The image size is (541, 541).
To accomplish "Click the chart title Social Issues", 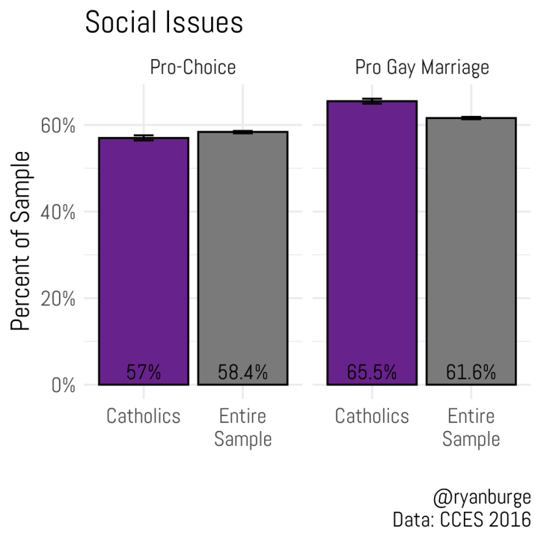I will pos(164,22).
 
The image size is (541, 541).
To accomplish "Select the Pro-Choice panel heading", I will pos(192,68).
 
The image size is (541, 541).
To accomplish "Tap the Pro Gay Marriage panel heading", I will pos(421,68).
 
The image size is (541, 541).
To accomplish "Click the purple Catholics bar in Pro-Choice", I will pos(144,254).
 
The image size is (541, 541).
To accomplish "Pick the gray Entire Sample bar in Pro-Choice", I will pos(242,254).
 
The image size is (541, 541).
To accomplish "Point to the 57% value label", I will pos(144,372).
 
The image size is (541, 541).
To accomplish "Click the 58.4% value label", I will pos(242,372).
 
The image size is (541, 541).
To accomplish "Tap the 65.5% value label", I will pos(372,372).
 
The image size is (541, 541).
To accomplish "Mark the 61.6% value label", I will pos(471,372).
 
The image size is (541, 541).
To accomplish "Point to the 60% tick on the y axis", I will pos(58,125).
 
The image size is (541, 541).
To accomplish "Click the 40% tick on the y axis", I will pos(58,212).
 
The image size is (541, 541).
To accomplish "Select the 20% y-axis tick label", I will pos(58,299).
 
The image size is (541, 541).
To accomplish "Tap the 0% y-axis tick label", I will pos(63,385).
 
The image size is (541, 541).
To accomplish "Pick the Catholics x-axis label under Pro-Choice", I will pos(144,416).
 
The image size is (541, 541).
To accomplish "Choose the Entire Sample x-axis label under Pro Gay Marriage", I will pos(471,427).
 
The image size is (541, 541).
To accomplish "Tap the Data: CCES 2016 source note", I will pos(462,519).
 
